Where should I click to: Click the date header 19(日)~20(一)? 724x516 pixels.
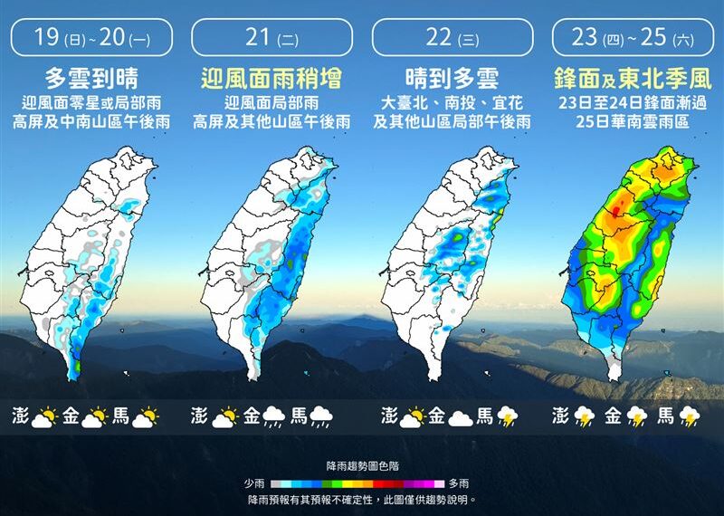[x=91, y=38]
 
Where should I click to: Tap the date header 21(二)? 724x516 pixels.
[x=271, y=38]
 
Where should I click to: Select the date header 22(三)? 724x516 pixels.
[x=452, y=38]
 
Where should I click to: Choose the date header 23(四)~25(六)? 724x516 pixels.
[x=632, y=38]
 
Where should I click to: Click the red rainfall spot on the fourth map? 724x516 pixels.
[x=617, y=213]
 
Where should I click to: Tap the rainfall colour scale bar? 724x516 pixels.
[x=362, y=484]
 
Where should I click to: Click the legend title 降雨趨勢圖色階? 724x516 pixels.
[x=362, y=466]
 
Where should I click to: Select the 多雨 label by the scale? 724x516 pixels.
[x=459, y=484]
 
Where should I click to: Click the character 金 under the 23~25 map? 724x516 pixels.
[x=612, y=416]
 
